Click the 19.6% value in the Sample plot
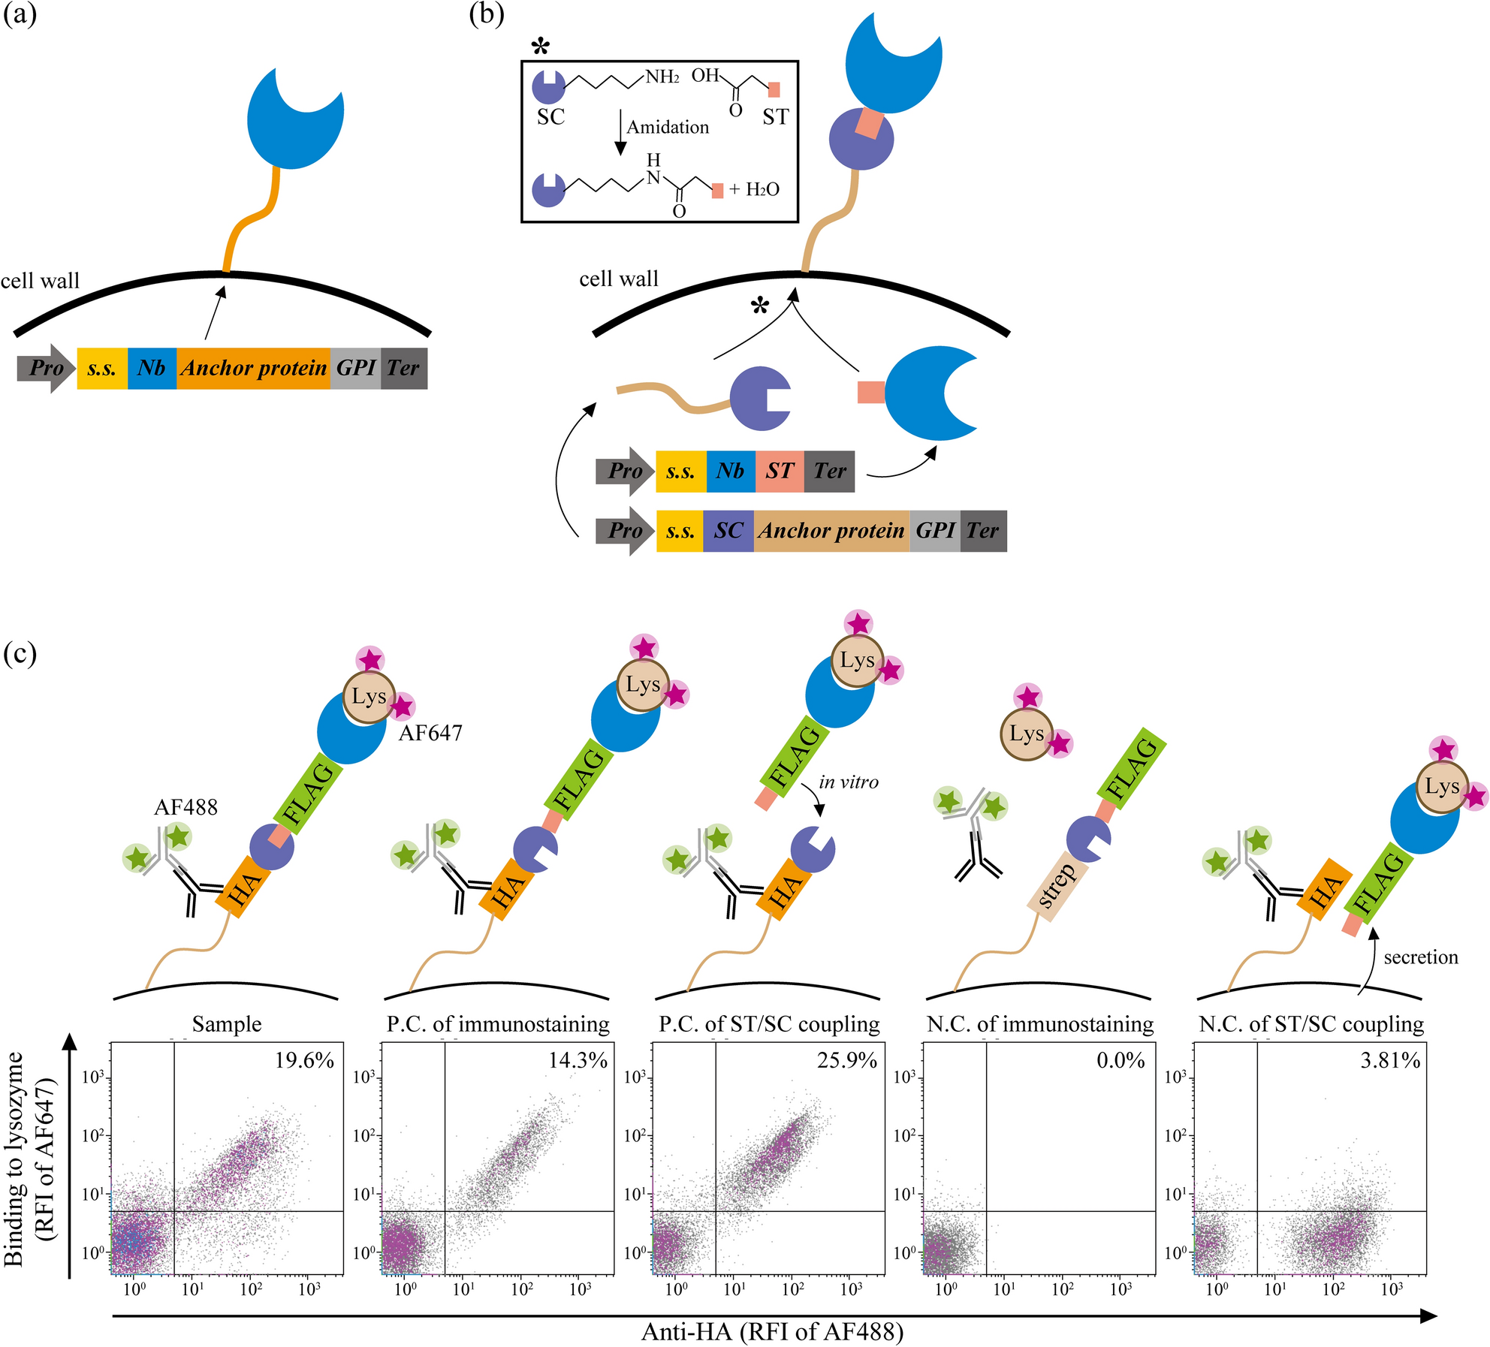(304, 1060)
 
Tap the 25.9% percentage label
(846, 1060)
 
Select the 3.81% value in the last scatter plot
(1390, 1060)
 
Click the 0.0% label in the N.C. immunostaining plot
(1121, 1060)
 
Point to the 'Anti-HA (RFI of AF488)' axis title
(772, 1331)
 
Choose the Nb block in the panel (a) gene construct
(152, 368)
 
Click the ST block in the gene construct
(780, 471)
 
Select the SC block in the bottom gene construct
(728, 531)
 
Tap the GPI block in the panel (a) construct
(355, 368)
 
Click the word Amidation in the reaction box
(668, 127)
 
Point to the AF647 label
(430, 733)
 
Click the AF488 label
(185, 807)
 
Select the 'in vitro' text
(849, 782)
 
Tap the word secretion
(1421, 957)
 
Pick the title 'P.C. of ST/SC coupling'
(769, 1024)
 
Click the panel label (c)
(20, 653)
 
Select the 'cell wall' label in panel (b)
(618, 279)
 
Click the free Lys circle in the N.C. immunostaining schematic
(1026, 734)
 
